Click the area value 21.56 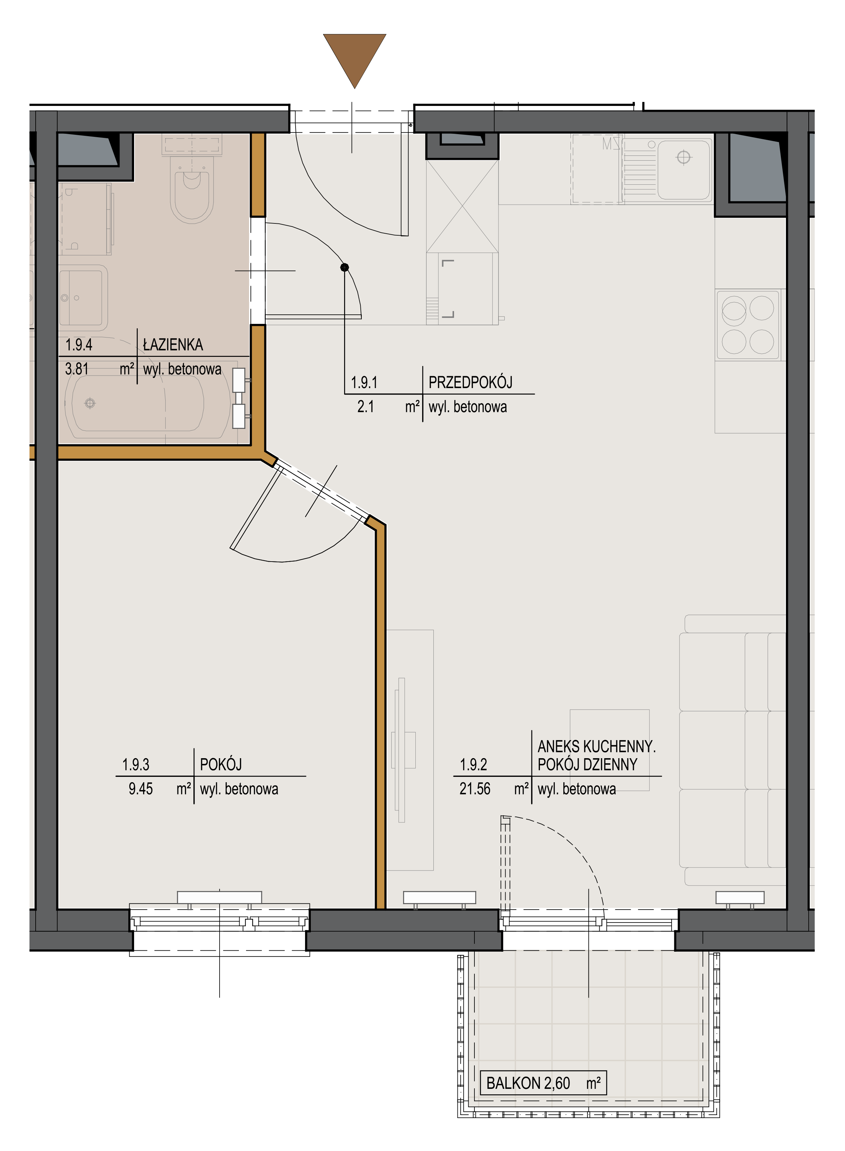[475, 789]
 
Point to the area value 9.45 [140, 789]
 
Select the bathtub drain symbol [90, 403]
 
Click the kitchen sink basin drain [683, 157]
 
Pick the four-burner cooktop [748, 325]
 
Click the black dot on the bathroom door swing [345, 267]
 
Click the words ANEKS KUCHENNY [596, 746]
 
